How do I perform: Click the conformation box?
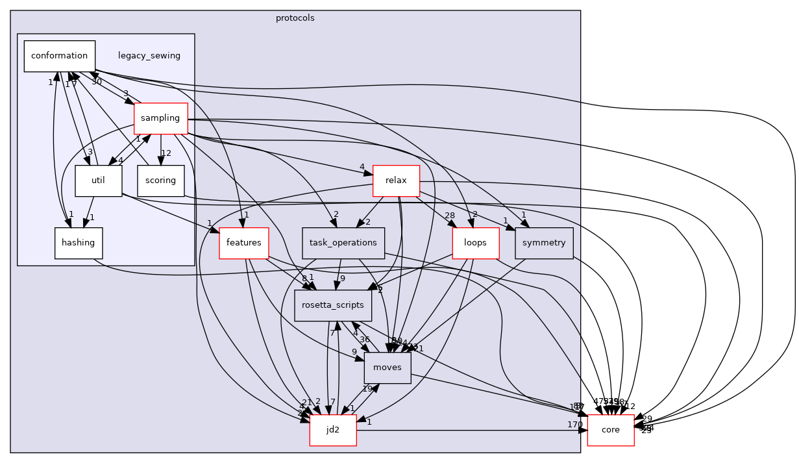[x=60, y=56]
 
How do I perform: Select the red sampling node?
[x=160, y=118]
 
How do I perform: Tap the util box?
[x=99, y=181]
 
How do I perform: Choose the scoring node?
[x=161, y=181]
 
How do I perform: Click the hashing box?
[x=79, y=243]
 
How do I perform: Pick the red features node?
[x=244, y=243]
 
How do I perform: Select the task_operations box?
[x=343, y=243]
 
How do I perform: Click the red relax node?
[x=396, y=181]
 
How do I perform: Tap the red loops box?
[x=475, y=243]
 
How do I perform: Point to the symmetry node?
[x=544, y=243]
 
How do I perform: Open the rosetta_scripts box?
[x=333, y=305]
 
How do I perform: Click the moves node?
[x=387, y=368]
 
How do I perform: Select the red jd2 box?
[x=333, y=430]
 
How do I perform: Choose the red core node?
[x=610, y=430]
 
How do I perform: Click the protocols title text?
[x=295, y=18]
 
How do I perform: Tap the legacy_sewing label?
[x=149, y=56]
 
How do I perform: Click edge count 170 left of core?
[x=574, y=425]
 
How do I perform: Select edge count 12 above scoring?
[x=166, y=153]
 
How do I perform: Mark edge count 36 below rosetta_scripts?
[x=364, y=340]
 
